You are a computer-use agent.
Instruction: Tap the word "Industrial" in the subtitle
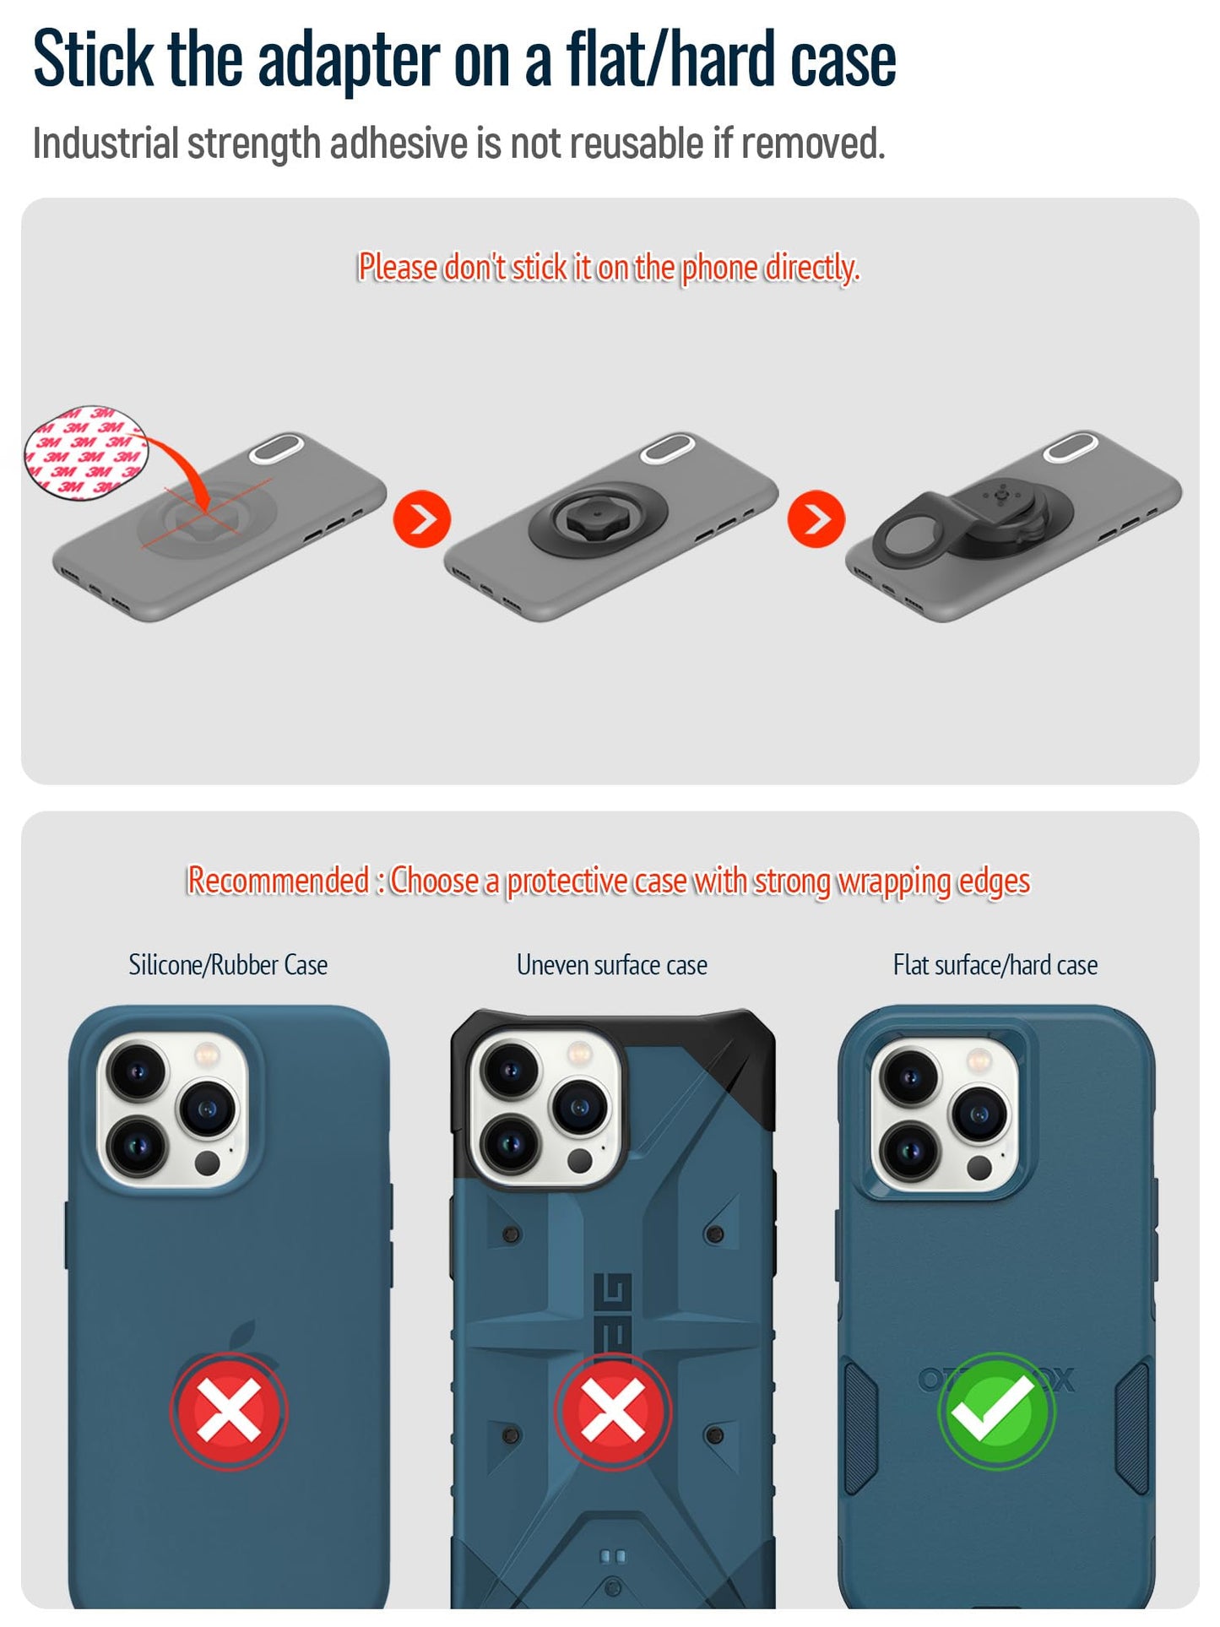[x=106, y=143]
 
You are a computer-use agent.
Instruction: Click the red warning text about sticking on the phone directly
[x=609, y=268]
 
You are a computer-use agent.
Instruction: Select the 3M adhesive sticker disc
[x=85, y=452]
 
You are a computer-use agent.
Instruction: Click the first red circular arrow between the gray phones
[x=422, y=518]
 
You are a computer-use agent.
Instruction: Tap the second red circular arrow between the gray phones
[x=816, y=518]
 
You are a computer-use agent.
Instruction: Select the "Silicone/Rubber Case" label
[x=228, y=964]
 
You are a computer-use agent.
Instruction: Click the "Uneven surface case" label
[x=612, y=964]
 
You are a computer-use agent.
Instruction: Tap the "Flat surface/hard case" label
[x=995, y=964]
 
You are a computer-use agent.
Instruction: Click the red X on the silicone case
[x=229, y=1411]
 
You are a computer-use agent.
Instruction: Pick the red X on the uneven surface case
[x=613, y=1411]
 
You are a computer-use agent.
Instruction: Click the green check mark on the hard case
[x=997, y=1411]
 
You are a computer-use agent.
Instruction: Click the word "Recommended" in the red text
[x=278, y=881]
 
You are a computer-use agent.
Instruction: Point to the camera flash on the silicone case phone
[x=207, y=1055]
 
